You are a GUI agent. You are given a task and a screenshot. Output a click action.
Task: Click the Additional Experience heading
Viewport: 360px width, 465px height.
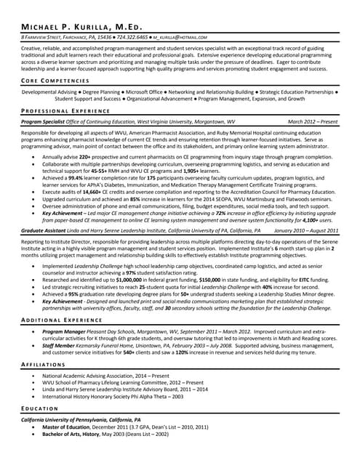[x=62, y=320]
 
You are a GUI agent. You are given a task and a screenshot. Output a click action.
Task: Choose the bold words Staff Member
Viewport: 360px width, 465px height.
[x=61, y=346]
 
